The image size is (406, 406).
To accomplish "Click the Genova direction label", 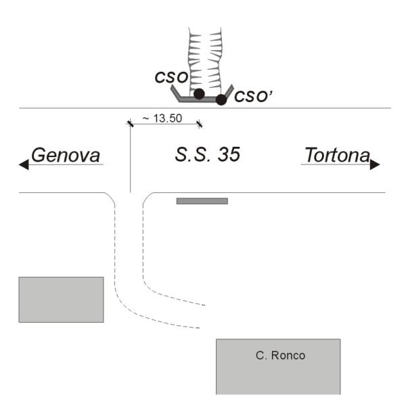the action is point(66,156).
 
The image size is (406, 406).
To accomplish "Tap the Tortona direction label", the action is point(338,155).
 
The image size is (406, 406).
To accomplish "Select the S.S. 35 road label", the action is point(208,154).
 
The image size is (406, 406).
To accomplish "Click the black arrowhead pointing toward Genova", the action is point(24,164).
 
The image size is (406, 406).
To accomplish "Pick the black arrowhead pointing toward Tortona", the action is point(375,164).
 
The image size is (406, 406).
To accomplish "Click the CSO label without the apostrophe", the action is point(171,77).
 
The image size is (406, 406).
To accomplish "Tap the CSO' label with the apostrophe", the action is point(253,96).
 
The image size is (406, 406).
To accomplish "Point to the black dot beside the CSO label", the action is point(199,94).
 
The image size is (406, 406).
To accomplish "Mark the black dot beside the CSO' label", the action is point(221,99).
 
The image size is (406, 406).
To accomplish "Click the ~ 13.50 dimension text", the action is point(162,118).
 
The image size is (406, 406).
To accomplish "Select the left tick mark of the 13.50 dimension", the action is point(130,124).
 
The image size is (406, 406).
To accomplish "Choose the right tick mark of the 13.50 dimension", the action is point(199,124).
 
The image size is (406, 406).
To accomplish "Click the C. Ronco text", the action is point(280,355).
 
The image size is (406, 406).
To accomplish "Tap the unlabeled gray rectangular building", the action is point(61,300).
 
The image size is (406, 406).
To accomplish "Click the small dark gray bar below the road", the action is point(202,201).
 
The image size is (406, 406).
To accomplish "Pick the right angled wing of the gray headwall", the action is point(229,91).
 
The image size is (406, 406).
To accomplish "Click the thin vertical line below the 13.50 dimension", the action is point(130,158).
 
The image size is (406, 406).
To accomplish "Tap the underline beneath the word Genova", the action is point(66,164).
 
